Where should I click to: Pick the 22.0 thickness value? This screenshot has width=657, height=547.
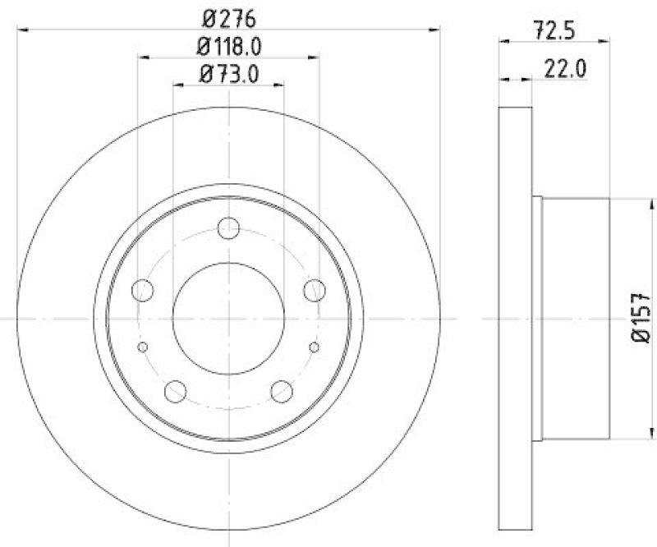coord(564,70)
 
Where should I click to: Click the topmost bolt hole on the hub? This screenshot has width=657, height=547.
coord(228,228)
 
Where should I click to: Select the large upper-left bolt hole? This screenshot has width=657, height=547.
coord(143,290)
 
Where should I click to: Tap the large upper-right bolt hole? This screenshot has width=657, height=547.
coord(314,290)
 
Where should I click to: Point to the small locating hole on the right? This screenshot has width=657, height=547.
coord(315,347)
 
